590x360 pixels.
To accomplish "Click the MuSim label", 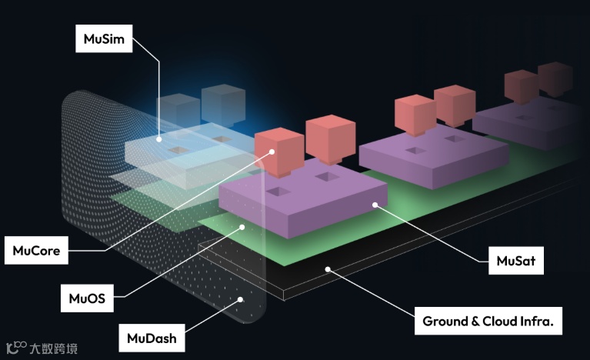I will tap(104, 39).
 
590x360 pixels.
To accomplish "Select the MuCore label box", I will tap(37, 250).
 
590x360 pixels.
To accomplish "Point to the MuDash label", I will tap(151, 336).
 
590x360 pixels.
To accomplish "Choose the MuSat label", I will tap(516, 262).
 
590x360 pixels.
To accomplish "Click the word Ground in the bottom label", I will tap(445, 321).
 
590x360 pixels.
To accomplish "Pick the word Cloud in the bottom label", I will tap(501, 321).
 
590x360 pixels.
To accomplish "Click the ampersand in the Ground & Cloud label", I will tap(475, 321).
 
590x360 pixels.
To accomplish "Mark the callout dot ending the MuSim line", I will tap(158, 139).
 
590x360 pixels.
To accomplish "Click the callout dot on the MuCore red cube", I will tap(272, 152).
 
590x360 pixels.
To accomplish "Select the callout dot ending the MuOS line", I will tap(242, 226).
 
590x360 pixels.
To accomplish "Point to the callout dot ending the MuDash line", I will tap(241, 299).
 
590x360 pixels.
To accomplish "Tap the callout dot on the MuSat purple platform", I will tap(375, 205).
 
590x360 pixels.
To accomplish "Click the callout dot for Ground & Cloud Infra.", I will tap(328, 269).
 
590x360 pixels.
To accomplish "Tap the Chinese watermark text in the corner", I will tap(55, 348).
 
